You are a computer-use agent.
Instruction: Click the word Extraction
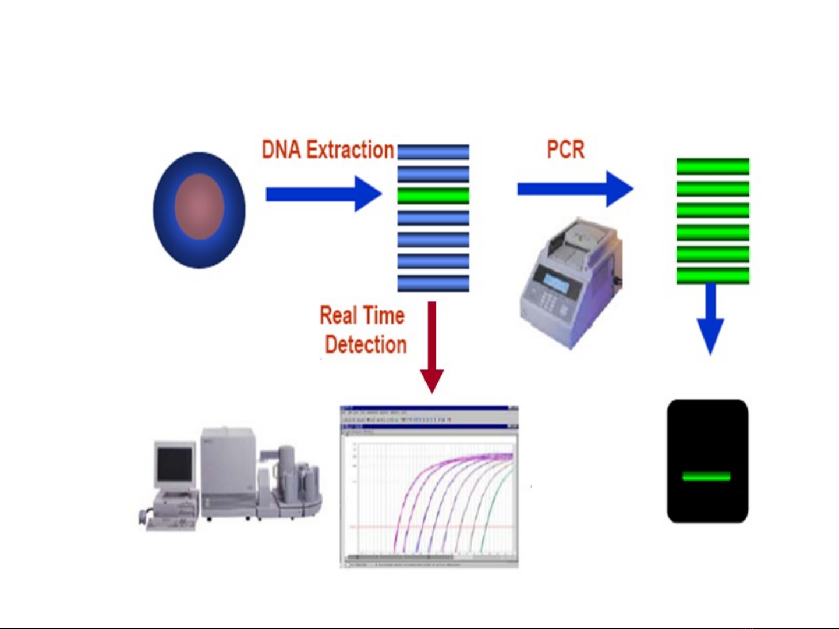coord(350,150)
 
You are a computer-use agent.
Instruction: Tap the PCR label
coord(565,150)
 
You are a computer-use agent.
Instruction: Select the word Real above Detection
coord(338,315)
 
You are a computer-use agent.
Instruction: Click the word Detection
coord(366,344)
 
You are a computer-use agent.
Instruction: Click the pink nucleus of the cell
coord(200,207)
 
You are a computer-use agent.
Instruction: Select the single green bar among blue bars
coord(433,196)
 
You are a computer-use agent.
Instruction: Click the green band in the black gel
coord(706,477)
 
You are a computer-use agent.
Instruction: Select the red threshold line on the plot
coord(431,527)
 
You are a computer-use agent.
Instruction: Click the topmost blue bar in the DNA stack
coord(433,152)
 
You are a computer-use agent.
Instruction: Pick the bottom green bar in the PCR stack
coord(713,276)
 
